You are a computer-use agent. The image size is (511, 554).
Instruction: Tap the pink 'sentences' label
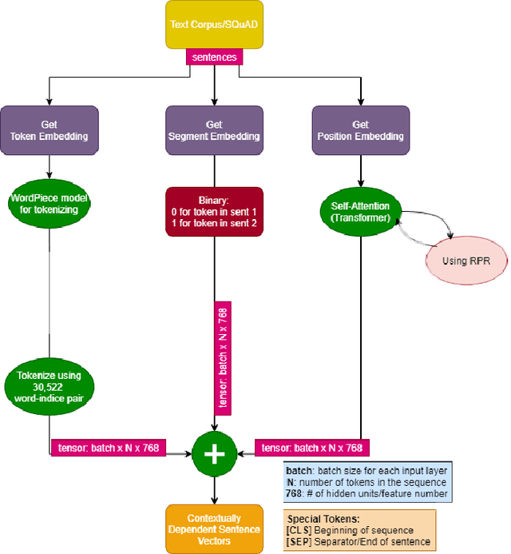(x=213, y=58)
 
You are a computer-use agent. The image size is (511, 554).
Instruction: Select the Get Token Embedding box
(x=50, y=130)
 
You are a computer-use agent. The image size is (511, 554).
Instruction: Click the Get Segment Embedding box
(x=213, y=130)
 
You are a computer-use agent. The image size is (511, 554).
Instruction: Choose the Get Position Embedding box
(x=360, y=130)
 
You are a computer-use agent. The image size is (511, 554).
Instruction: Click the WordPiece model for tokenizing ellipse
(x=50, y=205)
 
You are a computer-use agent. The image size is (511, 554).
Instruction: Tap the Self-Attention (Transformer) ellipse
(x=360, y=212)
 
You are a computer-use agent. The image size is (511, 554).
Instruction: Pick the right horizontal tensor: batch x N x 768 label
(x=313, y=448)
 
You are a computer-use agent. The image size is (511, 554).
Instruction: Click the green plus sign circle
(x=214, y=452)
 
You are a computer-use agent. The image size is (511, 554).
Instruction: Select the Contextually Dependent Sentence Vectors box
(x=213, y=528)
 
